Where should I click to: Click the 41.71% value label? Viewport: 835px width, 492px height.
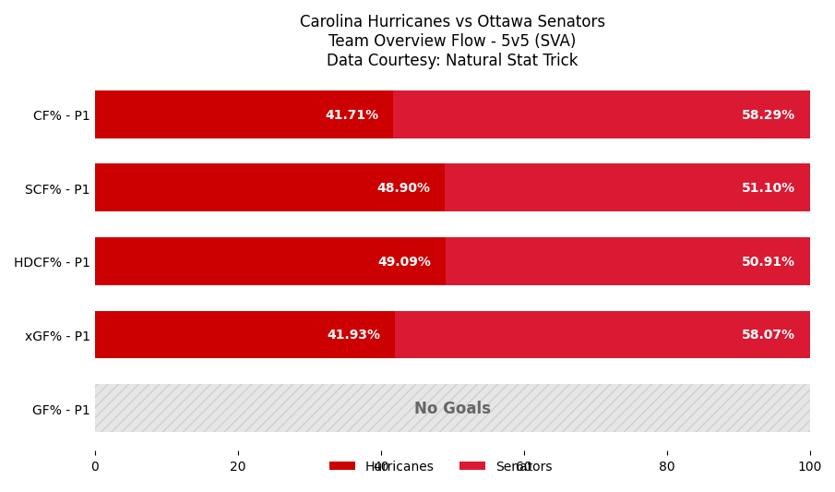point(352,115)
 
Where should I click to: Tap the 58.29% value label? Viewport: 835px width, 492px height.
point(768,115)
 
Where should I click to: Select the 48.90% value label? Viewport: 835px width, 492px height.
point(403,188)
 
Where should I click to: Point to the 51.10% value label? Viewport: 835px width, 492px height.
point(768,188)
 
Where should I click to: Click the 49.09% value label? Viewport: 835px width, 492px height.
point(404,262)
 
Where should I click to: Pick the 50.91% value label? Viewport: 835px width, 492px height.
point(768,262)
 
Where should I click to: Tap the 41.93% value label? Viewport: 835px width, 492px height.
point(353,335)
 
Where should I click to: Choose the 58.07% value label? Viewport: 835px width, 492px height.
point(768,335)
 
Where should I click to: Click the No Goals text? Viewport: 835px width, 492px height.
point(452,409)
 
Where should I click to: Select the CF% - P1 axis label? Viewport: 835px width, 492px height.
point(61,116)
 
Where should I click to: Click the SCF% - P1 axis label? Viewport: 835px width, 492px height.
point(57,189)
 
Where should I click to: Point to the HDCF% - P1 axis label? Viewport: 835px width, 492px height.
point(52,263)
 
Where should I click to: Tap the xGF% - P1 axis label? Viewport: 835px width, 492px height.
point(57,336)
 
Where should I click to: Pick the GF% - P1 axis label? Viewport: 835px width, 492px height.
point(61,410)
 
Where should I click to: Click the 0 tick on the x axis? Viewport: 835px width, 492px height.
point(95,467)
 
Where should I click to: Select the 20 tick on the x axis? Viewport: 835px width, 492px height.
point(238,467)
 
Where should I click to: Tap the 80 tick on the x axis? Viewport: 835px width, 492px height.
point(667,467)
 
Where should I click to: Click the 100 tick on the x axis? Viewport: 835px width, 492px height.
point(810,467)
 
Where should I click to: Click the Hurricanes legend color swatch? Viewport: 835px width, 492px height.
point(342,466)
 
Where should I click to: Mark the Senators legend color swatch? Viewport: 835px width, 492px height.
point(472,466)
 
